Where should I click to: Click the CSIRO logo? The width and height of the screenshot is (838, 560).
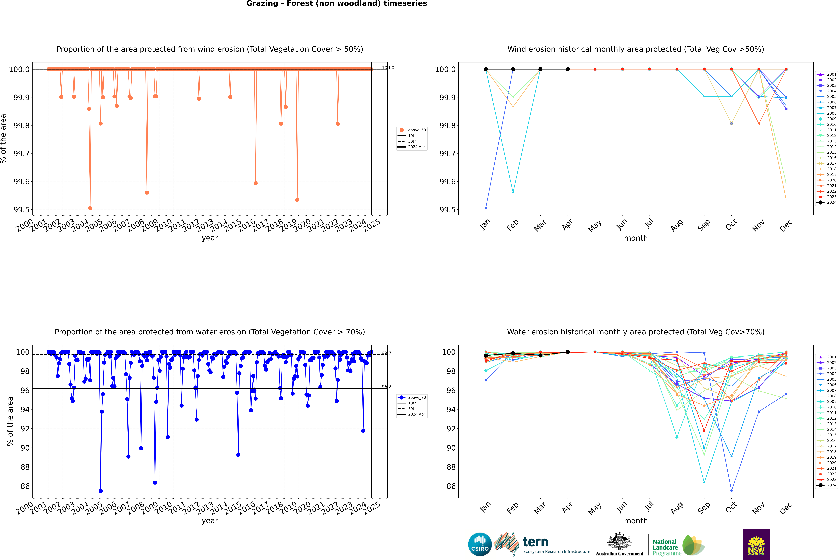[480, 544]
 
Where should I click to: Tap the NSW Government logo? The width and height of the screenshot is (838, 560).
[756, 544]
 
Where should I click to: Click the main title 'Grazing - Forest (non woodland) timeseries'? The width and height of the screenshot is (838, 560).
[337, 4]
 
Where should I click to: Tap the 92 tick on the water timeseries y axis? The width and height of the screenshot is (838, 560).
[25, 429]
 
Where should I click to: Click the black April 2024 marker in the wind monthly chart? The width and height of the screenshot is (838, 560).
[568, 69]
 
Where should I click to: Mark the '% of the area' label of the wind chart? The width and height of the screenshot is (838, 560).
[4, 139]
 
